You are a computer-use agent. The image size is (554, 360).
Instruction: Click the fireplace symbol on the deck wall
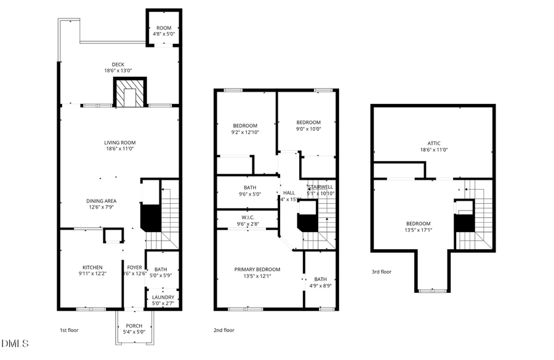[x=129, y=92]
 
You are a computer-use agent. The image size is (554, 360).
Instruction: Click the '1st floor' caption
[x=69, y=330]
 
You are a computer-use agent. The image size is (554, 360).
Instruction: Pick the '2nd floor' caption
[x=223, y=330]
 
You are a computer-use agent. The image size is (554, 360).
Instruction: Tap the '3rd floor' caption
[x=381, y=271]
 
